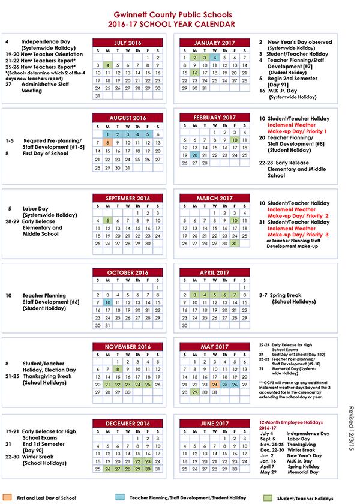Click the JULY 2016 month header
[128, 43]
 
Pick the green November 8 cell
[118, 369]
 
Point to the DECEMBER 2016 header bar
[128, 424]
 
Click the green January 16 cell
[195, 73]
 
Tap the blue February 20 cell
[195, 155]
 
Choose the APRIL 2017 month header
[215, 272]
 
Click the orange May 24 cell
[215, 384]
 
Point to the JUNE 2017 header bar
[215, 424]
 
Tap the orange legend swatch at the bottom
[7, 498]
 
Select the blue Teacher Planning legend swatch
[121, 498]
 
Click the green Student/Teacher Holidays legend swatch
[268, 498]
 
